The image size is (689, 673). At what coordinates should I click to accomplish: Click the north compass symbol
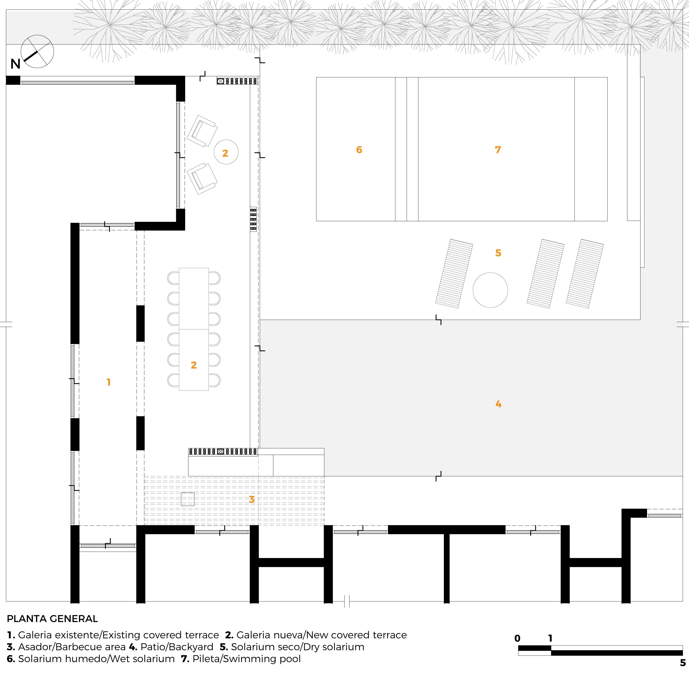point(37,52)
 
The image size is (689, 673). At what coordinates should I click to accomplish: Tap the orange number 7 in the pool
point(498,150)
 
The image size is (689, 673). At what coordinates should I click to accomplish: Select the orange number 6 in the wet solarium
point(359,150)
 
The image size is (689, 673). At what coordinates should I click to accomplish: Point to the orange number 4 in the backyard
point(498,404)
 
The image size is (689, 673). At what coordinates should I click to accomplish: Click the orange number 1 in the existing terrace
point(108,382)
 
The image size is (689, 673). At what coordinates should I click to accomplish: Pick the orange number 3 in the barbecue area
point(252,499)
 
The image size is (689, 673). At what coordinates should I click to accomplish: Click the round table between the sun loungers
point(490,290)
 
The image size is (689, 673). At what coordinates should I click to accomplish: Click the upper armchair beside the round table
point(202,131)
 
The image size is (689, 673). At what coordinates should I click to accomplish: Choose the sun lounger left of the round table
point(454,273)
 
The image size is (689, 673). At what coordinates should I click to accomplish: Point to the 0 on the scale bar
point(518,638)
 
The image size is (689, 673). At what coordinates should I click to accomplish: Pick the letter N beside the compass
point(15,64)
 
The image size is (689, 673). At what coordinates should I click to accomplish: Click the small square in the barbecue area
point(188,499)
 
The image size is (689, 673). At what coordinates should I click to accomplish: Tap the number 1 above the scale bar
point(550,638)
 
